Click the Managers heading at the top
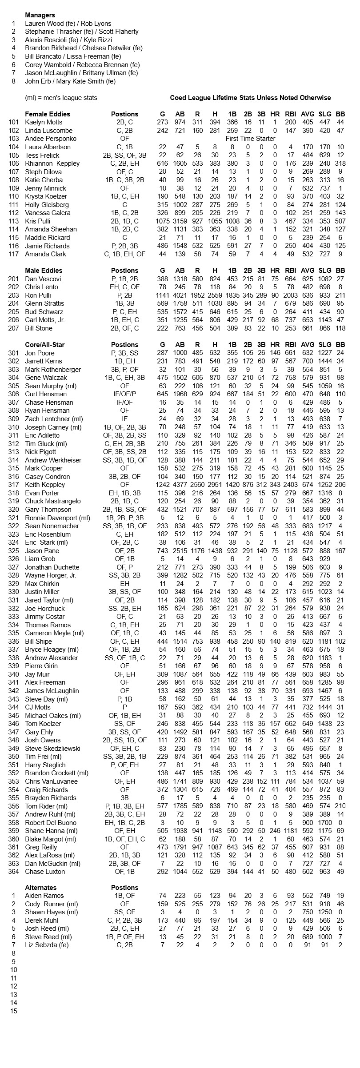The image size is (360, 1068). point(40,15)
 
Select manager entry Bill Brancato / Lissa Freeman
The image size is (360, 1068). point(73,56)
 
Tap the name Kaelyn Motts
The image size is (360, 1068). point(44,122)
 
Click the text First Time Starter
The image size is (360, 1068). point(250,139)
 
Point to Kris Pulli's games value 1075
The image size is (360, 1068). point(162,221)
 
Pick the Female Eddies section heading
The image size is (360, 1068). point(48,114)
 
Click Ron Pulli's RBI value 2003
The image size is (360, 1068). point(291,295)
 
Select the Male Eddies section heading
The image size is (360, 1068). point(44,271)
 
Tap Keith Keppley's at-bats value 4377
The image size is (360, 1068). point(180,485)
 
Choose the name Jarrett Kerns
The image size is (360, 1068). point(44,361)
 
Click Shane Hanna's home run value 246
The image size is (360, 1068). point(275,830)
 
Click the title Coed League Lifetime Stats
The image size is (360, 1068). point(250,98)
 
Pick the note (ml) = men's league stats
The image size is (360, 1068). point(61,98)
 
